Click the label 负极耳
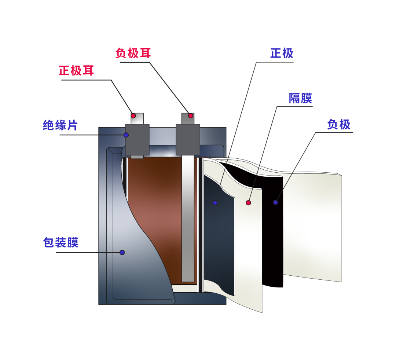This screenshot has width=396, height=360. [133, 53]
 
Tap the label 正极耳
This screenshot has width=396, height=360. [76, 70]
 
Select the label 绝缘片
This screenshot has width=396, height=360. [60, 125]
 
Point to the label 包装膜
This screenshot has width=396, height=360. [61, 242]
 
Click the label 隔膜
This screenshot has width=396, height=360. [300, 98]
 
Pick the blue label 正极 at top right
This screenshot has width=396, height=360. [282, 53]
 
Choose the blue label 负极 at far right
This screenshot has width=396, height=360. [339, 125]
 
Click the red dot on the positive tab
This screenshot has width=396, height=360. [133, 116]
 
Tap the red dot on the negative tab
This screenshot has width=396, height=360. [191, 116]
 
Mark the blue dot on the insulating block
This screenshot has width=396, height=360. [126, 135]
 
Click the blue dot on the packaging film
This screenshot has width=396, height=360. [122, 252]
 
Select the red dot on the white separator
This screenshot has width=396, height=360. [248, 203]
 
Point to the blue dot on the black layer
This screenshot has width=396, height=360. [275, 202]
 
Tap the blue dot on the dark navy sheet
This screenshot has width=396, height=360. [215, 202]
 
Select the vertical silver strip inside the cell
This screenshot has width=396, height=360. [188, 220]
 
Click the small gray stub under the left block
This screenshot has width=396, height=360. [137, 157]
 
